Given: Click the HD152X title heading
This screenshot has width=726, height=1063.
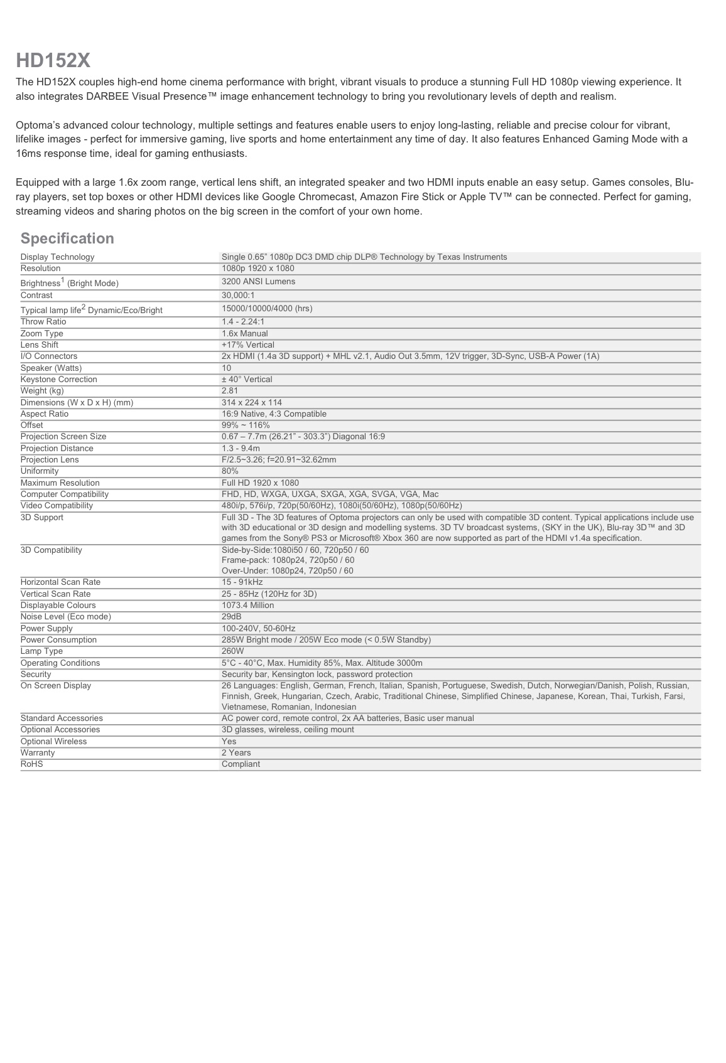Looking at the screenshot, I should tap(53, 61).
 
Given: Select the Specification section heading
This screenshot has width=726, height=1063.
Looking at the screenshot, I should tap(67, 238).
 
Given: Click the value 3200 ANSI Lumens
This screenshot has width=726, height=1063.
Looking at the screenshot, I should tap(258, 282).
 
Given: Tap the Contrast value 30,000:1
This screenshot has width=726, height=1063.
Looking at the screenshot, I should tap(238, 296).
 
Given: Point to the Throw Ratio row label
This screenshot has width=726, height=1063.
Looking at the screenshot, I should tap(43, 322).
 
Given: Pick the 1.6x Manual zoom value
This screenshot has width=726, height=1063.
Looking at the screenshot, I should tap(244, 334).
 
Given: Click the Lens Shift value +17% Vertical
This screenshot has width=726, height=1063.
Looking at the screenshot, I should tap(247, 345).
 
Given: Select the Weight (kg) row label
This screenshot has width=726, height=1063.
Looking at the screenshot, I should tap(42, 391).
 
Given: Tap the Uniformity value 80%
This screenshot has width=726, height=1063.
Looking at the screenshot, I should tap(230, 471).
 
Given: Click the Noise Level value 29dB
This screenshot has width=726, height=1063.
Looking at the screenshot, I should tap(231, 617).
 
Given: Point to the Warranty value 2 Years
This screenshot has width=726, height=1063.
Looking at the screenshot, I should tap(236, 753).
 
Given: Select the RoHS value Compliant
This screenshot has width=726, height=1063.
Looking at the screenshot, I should tap(241, 764).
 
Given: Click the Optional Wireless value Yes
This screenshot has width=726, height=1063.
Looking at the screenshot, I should tap(229, 742).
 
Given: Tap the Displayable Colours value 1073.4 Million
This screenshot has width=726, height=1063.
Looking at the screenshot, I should tap(247, 606).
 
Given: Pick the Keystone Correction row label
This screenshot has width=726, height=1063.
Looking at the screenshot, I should tap(58, 380).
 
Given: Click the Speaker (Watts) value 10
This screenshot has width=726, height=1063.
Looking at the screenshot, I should tap(226, 368).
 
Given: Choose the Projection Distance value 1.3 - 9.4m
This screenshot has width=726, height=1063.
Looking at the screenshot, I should tap(241, 449).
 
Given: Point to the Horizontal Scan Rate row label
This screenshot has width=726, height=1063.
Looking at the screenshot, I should tap(60, 582).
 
